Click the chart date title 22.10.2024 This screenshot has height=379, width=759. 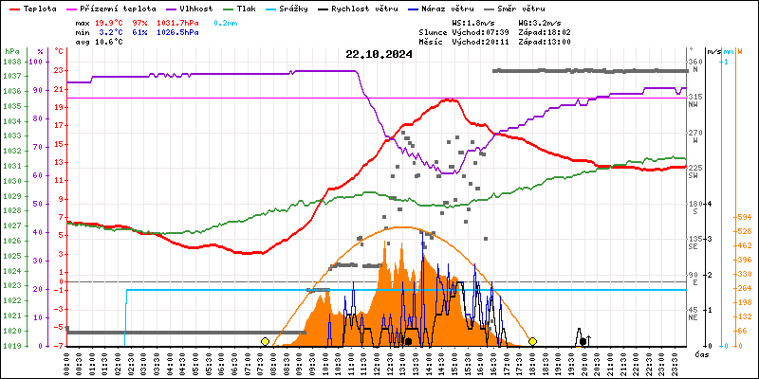pos(379,54)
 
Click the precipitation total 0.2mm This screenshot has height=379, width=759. pos(226,21)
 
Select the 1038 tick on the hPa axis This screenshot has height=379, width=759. pos(11,62)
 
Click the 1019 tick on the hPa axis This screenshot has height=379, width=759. pos(11,346)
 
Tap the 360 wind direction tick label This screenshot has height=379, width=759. pos(695,63)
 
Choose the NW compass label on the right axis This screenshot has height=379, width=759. pos(694,104)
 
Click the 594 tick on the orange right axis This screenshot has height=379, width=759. pos(743,218)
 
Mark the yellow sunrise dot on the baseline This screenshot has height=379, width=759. pos(265,341)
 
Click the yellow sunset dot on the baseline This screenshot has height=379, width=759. pos(533,341)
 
